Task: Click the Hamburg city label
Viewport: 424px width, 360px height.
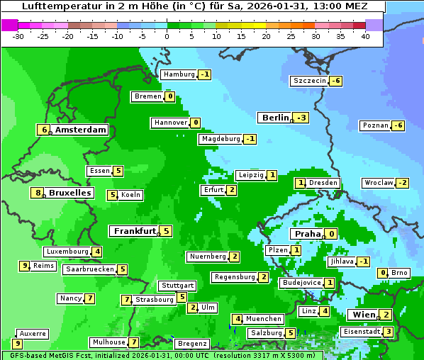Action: click(x=179, y=74)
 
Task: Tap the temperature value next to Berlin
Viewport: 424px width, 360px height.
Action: click(x=303, y=118)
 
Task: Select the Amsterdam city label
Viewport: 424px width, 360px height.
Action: click(x=80, y=130)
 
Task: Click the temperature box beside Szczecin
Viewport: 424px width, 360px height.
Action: click(x=336, y=81)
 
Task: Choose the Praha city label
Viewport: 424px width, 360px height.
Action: click(x=308, y=234)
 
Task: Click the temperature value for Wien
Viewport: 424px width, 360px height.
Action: click(x=385, y=315)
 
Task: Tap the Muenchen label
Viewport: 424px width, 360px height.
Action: click(x=264, y=319)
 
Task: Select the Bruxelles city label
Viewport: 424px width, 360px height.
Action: click(x=69, y=193)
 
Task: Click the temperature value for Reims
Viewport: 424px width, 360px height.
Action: click(x=25, y=266)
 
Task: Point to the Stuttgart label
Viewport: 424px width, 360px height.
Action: click(x=177, y=286)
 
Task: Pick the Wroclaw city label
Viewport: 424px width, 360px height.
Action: click(x=378, y=183)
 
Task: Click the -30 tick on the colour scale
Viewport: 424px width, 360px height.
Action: click(x=18, y=35)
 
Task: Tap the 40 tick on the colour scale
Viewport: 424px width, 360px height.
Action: click(x=365, y=35)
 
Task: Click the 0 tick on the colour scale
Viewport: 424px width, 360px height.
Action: click(x=167, y=35)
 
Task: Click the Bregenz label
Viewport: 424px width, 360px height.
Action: click(x=191, y=344)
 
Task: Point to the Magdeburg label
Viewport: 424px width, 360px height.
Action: click(x=221, y=139)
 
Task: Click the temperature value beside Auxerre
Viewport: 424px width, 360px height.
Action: click(x=18, y=344)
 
